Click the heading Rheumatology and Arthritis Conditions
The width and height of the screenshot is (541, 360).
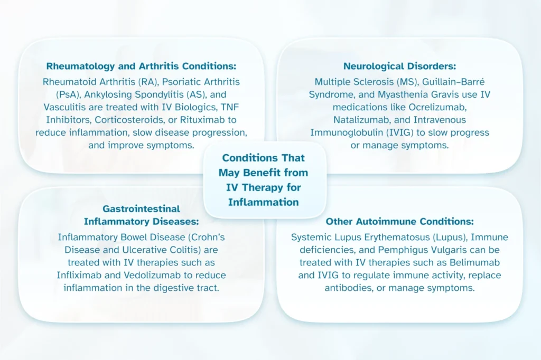click(141, 67)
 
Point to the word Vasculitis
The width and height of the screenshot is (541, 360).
click(62, 107)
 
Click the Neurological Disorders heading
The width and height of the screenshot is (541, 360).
click(399, 67)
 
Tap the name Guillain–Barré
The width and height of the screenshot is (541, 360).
click(460, 82)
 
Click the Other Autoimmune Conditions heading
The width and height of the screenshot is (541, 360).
click(399, 222)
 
